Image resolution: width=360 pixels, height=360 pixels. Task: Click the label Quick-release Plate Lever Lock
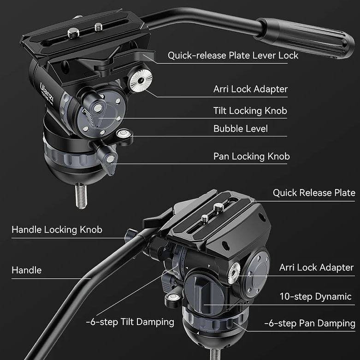tap(233, 55)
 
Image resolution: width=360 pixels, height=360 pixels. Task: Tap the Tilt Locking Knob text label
tap(250, 111)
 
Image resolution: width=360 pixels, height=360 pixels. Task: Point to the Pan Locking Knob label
tap(251, 156)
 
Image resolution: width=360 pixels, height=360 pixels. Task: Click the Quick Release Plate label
tap(314, 193)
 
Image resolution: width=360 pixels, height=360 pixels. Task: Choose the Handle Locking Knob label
tap(56, 230)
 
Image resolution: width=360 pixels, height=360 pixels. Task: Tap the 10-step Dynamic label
tap(315, 297)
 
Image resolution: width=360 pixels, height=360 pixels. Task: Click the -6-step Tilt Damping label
tap(130, 322)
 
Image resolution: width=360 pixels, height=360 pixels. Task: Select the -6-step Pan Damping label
tap(309, 324)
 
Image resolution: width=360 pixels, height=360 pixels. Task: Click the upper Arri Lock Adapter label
tap(250, 89)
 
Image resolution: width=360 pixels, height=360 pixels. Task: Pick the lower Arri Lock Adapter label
tap(316, 268)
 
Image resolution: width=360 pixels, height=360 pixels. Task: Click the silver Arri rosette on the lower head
tap(234, 275)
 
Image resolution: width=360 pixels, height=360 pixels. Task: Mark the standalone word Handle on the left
tap(27, 270)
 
